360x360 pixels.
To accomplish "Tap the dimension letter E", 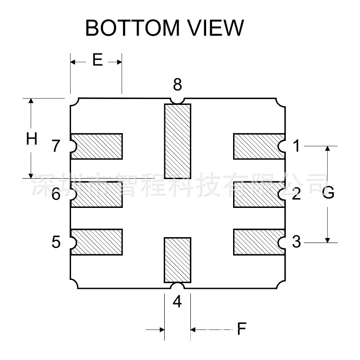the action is coord(98,60).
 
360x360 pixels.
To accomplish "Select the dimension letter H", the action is coord(31,139).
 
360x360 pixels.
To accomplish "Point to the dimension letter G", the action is coord(328,193).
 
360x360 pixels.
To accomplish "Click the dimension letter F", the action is coord(242,329).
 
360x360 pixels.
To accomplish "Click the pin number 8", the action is coord(177,84).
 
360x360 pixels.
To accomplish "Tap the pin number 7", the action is coord(56,146).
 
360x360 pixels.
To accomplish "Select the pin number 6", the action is coord(56,195).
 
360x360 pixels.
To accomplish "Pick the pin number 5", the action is coord(56,243).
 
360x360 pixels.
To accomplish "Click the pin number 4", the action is coord(177,302).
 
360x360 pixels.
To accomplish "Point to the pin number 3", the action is coord(296,242).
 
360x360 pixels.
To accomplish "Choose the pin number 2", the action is coord(296,195).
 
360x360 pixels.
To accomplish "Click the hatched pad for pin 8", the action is coord(177,141).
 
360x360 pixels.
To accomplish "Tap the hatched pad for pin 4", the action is coord(177,260).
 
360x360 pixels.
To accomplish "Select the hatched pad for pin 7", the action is coord(97,146).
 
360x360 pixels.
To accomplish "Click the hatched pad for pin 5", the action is coord(97,242).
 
